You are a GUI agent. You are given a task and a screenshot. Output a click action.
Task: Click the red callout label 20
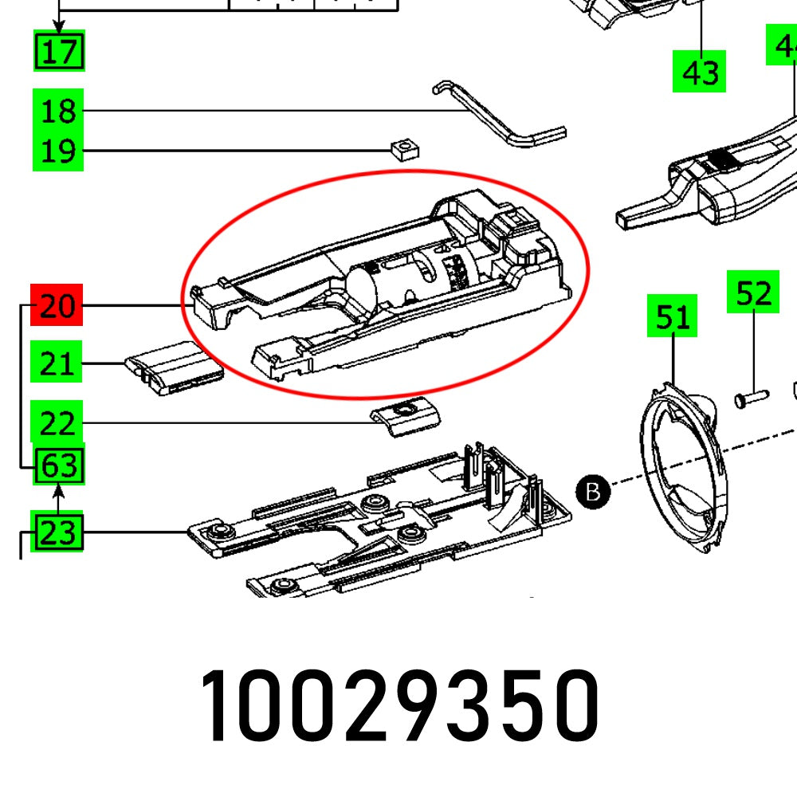pyautogui.click(x=57, y=305)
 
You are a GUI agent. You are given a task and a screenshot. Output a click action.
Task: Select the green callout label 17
pyautogui.click(x=59, y=53)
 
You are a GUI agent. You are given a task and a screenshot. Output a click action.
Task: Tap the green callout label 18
pyautogui.click(x=57, y=111)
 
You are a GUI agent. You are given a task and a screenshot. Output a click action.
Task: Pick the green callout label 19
pyautogui.click(x=57, y=150)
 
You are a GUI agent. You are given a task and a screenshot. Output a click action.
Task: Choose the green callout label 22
pyautogui.click(x=57, y=423)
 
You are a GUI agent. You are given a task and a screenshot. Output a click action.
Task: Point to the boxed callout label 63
pyautogui.click(x=59, y=465)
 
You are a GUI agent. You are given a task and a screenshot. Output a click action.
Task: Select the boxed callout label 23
pyautogui.click(x=57, y=532)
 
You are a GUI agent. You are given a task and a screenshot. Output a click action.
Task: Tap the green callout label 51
pyautogui.click(x=671, y=317)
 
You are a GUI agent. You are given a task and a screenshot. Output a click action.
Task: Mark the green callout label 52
pyautogui.click(x=752, y=292)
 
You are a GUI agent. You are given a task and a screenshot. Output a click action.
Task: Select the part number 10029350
pyautogui.click(x=398, y=708)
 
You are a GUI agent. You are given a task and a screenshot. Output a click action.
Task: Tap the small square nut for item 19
pyautogui.click(x=405, y=148)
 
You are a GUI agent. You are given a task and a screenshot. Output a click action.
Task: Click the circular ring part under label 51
pyautogui.click(x=681, y=470)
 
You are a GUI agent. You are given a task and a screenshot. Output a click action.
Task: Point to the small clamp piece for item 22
pyautogui.click(x=406, y=416)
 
